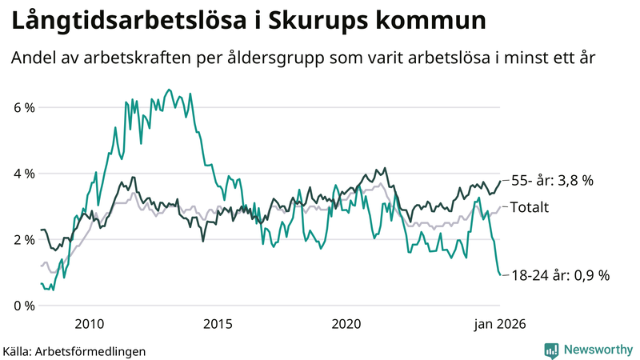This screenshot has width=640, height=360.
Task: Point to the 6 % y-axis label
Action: tap(23, 107)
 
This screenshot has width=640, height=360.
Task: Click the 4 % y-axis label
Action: tap(23, 174)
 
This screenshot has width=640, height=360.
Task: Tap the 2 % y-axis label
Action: tap(23, 240)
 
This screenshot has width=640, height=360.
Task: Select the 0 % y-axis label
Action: tap(23, 306)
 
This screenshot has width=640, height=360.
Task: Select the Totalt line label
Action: tap(529, 207)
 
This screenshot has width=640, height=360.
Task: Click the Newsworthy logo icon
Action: tap(551, 350)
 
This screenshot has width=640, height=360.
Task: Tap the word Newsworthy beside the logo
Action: tap(596, 350)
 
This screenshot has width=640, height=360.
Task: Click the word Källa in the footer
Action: tap(18, 350)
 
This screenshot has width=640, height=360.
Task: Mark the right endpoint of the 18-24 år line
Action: tap(501, 275)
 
